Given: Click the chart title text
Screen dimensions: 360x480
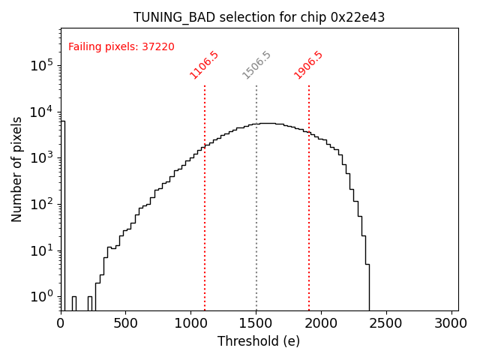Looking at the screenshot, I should (259, 17).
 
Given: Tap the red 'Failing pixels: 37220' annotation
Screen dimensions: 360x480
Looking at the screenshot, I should (121, 47).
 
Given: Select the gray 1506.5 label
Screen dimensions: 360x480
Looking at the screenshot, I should (256, 65).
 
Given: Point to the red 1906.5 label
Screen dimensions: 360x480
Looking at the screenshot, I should (308, 65).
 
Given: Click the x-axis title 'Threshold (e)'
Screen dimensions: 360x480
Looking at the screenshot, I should (259, 341).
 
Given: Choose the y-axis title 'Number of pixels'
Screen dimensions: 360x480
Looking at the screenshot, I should (17, 169).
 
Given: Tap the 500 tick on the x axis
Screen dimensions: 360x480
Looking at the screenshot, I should (126, 323).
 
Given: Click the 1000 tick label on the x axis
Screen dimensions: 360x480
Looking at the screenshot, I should (190, 323).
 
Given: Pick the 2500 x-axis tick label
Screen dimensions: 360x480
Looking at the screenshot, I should (386, 323).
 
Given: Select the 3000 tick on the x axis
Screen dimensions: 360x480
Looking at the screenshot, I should (451, 323).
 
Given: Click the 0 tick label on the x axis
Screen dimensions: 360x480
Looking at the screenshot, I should (61, 323).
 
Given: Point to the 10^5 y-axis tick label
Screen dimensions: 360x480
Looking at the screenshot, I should (41, 66).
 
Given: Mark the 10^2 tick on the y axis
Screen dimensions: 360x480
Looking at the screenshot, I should (41, 204).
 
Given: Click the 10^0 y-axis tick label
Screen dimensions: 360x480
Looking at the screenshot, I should (41, 297).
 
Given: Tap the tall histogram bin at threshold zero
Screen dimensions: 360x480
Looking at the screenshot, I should (63, 210).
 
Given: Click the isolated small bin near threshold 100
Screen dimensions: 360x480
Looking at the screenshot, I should (73, 302).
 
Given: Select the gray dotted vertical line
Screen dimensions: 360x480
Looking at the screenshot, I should (256, 195).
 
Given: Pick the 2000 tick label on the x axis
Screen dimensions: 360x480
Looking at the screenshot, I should (321, 323).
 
